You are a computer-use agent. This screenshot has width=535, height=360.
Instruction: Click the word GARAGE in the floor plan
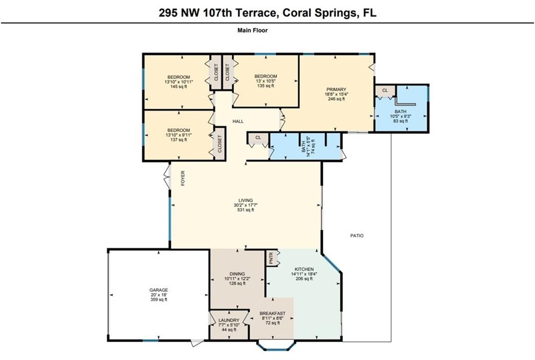pyautogui.click(x=159, y=290)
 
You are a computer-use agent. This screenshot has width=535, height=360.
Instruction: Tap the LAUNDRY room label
pyautogui.click(x=229, y=320)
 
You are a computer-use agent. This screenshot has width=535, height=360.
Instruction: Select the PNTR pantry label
pyautogui.click(x=271, y=258)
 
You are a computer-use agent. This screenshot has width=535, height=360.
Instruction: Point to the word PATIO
pyautogui.click(x=357, y=236)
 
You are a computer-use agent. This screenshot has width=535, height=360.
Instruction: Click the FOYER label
pyautogui.click(x=183, y=178)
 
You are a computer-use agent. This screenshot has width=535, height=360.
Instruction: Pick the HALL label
pyautogui.click(x=238, y=121)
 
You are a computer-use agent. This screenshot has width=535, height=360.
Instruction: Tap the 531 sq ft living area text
pyautogui.click(x=246, y=210)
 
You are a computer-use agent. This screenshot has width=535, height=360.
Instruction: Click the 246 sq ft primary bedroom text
pyautogui.click(x=336, y=99)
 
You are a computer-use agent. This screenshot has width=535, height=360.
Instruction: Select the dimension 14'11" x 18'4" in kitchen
pyautogui.click(x=304, y=274)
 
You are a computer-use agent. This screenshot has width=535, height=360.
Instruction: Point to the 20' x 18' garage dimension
pyautogui.click(x=159, y=295)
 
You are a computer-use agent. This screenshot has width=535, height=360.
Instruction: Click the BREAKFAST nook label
pyautogui.click(x=272, y=313)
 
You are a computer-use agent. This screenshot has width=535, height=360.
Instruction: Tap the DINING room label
pyautogui.click(x=237, y=274)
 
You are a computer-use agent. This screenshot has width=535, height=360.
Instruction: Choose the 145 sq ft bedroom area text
pyautogui.click(x=179, y=87)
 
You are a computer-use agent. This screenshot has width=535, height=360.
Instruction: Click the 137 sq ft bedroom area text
pyautogui.click(x=179, y=140)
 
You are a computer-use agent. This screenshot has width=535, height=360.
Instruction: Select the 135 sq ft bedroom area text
pyautogui.click(x=265, y=86)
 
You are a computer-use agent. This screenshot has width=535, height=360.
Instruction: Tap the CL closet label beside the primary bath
pyautogui.click(x=385, y=90)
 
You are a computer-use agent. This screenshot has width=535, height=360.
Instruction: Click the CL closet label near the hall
pyautogui.click(x=258, y=137)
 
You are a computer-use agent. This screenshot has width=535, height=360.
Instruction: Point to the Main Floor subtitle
pyautogui.click(x=252, y=30)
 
